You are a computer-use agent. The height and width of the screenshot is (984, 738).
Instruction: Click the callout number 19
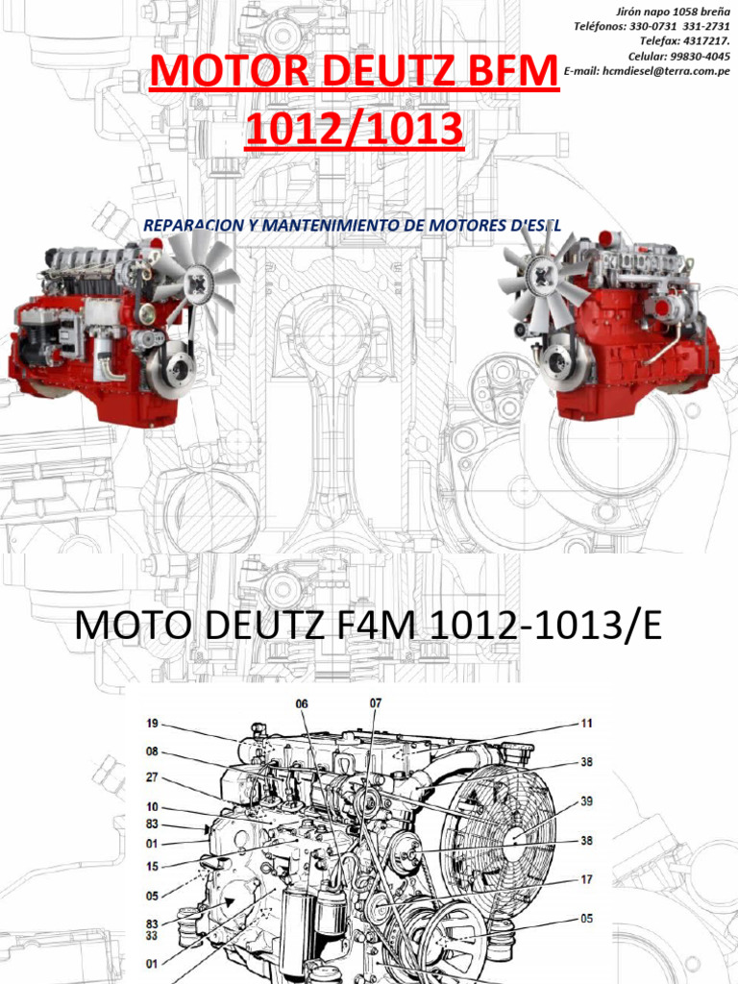[153, 724]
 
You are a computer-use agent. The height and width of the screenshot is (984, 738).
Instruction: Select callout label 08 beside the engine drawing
[153, 751]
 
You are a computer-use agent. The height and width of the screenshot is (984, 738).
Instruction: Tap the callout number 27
[153, 778]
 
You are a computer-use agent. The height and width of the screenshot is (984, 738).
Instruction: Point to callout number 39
[586, 801]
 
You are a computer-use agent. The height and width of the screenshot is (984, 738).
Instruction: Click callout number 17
[586, 879]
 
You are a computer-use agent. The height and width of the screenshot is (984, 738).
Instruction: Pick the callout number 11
[586, 724]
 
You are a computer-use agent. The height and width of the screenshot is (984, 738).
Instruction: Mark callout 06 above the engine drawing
[302, 704]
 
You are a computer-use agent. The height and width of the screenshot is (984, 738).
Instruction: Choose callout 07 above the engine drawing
[376, 703]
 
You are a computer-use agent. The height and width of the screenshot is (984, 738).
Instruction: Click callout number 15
[153, 867]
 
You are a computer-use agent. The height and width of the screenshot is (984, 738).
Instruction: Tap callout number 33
[153, 936]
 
